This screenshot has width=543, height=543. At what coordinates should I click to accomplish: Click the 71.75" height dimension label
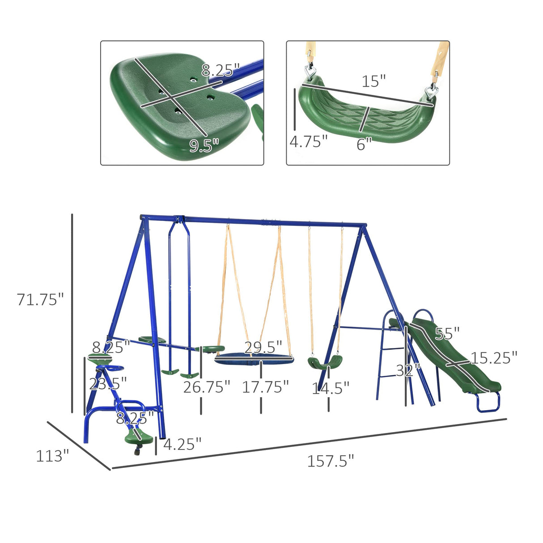40,299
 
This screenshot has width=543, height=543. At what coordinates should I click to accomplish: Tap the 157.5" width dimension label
330,461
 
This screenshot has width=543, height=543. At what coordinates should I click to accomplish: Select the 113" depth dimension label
52,456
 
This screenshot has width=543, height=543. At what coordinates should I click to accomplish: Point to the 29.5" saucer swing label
263,347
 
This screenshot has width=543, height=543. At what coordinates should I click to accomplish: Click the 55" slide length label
447,334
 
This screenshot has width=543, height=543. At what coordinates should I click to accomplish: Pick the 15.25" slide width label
493,357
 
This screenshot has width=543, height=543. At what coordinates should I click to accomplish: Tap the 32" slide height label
407,370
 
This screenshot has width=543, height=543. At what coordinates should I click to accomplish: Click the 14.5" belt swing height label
330,388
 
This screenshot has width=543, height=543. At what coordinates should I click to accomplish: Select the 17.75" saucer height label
265,387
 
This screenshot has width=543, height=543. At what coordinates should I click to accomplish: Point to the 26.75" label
207,387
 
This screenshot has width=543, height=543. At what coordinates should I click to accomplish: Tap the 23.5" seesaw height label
108,383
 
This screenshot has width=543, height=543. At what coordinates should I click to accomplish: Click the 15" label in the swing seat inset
373,81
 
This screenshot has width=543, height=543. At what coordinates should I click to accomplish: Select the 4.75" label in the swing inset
308,141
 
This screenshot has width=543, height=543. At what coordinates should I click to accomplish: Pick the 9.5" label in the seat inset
204,145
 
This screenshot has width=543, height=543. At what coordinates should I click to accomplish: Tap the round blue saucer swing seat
254,358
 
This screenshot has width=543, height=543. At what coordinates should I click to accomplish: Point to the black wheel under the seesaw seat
137,452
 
